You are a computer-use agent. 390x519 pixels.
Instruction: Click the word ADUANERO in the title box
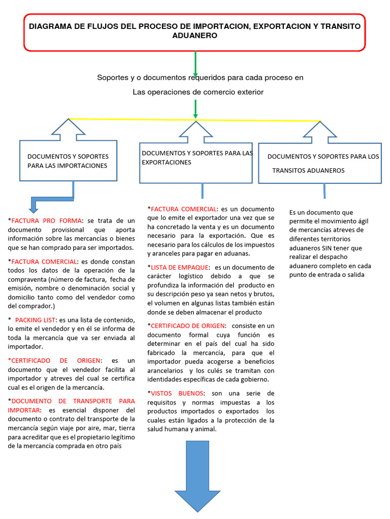[x=195, y=36]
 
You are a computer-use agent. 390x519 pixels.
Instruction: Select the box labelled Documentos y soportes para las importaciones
[x=68, y=161]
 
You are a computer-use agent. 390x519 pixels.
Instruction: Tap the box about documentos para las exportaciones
[x=196, y=163]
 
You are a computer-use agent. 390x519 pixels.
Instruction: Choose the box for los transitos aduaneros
[x=320, y=163]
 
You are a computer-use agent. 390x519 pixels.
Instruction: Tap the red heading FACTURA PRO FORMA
[x=46, y=221]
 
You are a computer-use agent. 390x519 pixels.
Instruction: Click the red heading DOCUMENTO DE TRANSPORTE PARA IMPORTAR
[x=71, y=404]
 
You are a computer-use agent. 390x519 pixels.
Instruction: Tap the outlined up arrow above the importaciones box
[x=68, y=129]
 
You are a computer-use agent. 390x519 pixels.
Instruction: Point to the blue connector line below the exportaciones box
[x=203, y=191]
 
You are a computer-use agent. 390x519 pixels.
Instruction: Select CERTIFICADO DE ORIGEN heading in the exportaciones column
[x=183, y=325]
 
